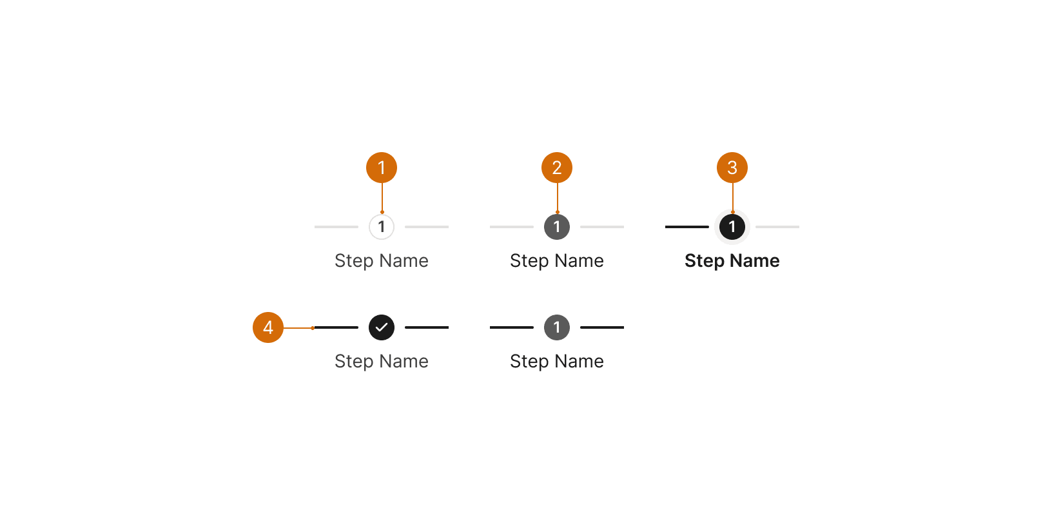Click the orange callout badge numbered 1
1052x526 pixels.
[x=382, y=168]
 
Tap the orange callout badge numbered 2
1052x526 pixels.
[x=556, y=168]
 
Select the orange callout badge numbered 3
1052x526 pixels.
[x=732, y=168]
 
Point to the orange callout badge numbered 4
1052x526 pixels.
[x=268, y=327]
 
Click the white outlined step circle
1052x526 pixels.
[x=382, y=227]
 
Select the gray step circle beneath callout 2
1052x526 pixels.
[x=557, y=227]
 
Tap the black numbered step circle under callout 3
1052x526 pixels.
[x=732, y=227]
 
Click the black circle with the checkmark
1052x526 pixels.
[x=382, y=327]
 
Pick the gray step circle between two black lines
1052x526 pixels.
[x=557, y=327]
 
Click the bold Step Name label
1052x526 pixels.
[x=732, y=260]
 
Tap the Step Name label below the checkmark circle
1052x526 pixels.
[x=382, y=361]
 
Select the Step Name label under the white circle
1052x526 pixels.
[x=382, y=260]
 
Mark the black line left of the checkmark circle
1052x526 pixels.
[x=336, y=327]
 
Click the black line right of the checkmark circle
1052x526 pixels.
[x=427, y=327]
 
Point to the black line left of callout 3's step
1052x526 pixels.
[x=687, y=227]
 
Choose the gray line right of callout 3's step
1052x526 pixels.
[x=777, y=227]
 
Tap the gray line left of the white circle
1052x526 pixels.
[x=336, y=227]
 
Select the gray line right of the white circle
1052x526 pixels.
[x=427, y=227]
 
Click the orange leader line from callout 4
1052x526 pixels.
[x=298, y=328]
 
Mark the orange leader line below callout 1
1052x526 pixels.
[x=382, y=198]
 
